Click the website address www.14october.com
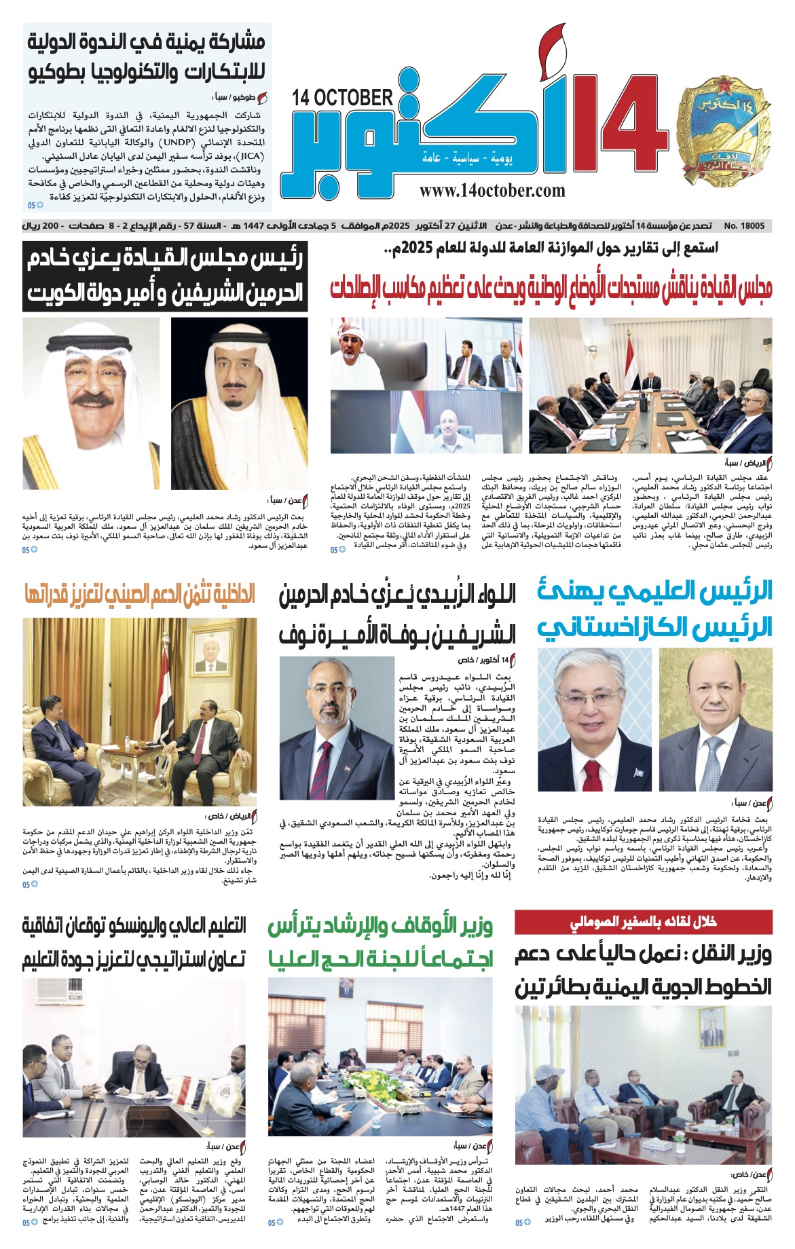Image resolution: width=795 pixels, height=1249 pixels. tap(492, 191)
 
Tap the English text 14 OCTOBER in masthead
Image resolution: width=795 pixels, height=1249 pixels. tap(342, 98)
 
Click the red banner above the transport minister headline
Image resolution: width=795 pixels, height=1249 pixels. tap(643, 922)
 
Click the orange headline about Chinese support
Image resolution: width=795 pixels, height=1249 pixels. tap(139, 595)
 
